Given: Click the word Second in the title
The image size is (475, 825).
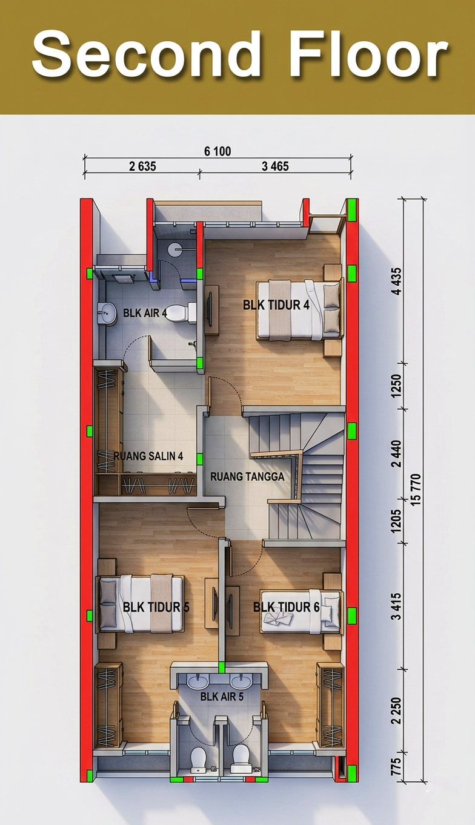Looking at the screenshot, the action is coord(147,54).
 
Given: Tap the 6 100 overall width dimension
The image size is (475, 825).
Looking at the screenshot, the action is coord(218,151).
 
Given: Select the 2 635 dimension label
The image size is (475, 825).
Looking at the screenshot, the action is coord(142,166).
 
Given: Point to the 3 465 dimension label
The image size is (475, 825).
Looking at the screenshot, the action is coord(275,166).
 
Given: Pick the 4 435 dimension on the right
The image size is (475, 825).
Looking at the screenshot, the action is coord(397,281).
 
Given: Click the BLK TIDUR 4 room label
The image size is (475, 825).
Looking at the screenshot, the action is coord(276,305).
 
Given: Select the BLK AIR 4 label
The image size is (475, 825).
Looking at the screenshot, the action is coord(145,313).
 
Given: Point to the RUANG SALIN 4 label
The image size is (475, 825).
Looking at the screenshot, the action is coord(148,456).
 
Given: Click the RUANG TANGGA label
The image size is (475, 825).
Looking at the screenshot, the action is coord(247,476).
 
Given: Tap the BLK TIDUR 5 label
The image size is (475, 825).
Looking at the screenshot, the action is coord(156,607).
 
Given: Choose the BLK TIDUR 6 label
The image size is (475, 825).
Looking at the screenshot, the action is coord(286,607).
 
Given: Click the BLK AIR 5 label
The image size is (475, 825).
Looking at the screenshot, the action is coord(222,697).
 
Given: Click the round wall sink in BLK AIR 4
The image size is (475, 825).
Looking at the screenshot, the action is coord(106,314).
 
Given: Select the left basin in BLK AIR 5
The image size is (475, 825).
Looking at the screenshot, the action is coord(198,680).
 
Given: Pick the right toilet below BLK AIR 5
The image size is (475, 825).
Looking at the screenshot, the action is coord(241,758).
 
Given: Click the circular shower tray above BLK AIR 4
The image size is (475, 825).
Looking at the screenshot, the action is coord(175,249).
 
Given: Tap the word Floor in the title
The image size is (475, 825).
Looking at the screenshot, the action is coord(369,54).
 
